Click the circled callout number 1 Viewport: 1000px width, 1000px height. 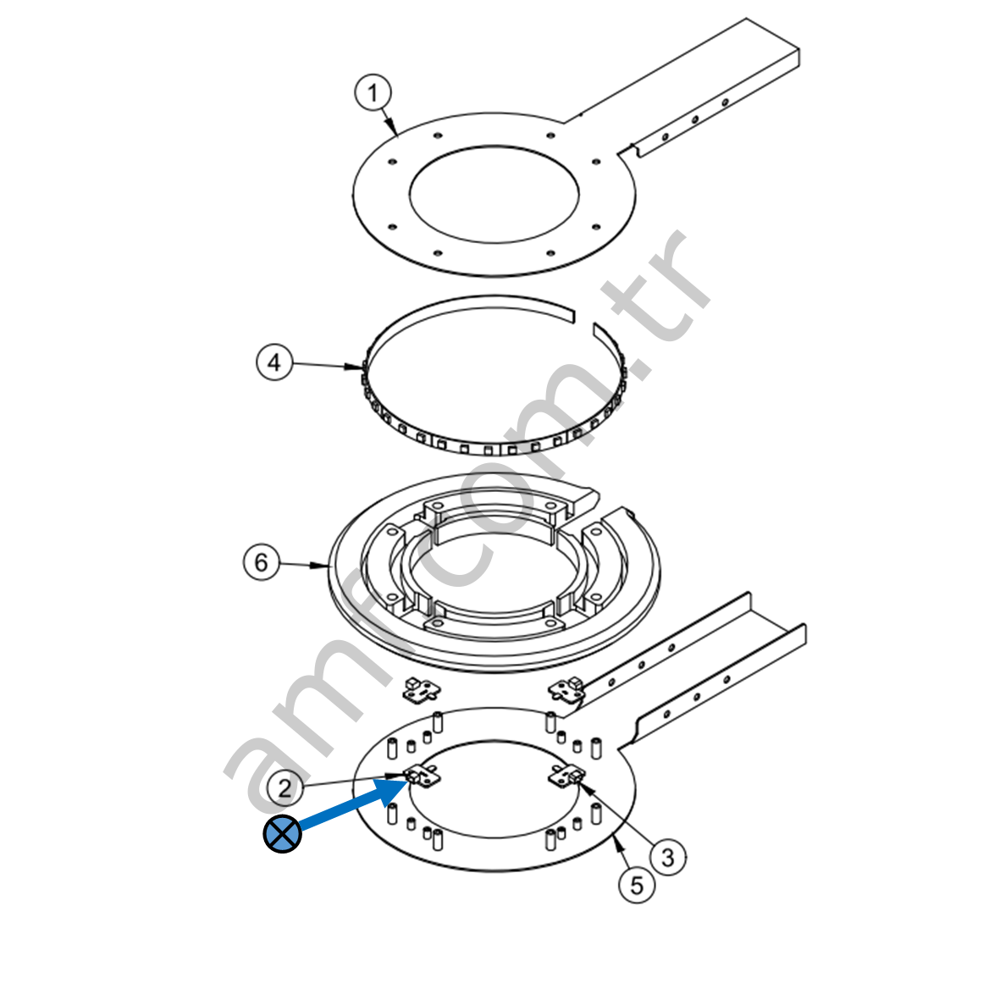[x=373, y=93]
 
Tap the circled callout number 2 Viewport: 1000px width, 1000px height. [x=285, y=788]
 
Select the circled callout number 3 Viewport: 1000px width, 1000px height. [x=668, y=857]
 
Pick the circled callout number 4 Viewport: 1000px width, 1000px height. [x=274, y=362]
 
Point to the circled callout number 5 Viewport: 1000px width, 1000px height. [x=637, y=885]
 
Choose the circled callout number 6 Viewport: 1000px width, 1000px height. [x=262, y=562]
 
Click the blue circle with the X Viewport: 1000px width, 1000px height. [x=282, y=833]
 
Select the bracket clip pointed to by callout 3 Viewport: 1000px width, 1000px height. [x=567, y=776]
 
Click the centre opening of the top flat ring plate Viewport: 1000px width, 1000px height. [x=494, y=194]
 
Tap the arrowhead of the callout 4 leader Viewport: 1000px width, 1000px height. [x=355, y=367]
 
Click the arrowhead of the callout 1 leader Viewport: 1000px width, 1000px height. [x=394, y=129]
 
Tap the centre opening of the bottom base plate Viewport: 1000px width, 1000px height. [x=494, y=789]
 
